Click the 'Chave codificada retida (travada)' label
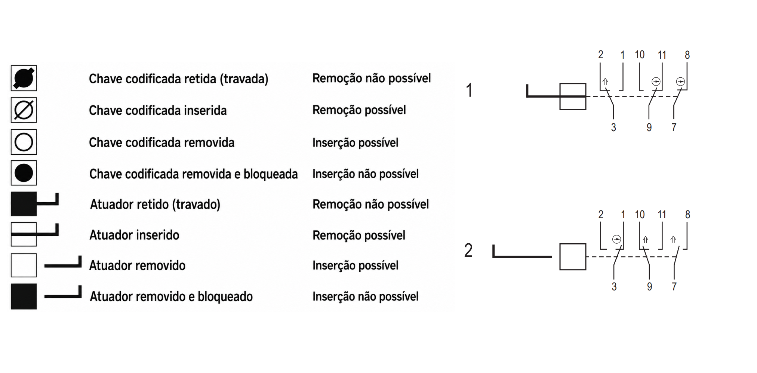179,79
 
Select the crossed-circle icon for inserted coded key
24,110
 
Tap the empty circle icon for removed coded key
24,142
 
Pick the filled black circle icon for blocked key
24,173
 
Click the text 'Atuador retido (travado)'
155,204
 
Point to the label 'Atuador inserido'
134,235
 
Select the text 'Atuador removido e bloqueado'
171,296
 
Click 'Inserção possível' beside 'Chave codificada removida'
355,143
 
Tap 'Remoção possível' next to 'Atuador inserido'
359,235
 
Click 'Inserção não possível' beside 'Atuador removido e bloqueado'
365,296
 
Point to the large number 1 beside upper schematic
469,90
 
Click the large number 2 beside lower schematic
468,250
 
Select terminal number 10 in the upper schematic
640,55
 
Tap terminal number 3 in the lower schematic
614,287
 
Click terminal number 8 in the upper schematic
687,55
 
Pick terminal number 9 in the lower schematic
650,287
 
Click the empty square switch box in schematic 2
573,257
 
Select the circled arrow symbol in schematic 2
616,239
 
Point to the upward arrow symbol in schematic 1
605,82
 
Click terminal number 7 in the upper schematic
674,127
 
